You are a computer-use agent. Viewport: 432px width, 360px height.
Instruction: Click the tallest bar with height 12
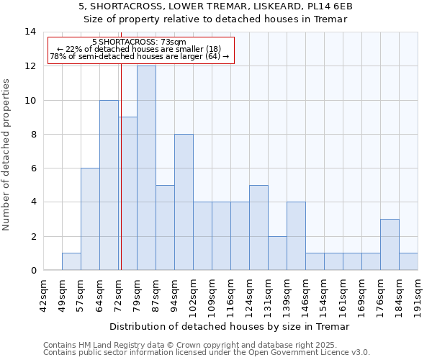(x=146, y=168)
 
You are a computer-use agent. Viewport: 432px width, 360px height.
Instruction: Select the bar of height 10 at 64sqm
(x=109, y=185)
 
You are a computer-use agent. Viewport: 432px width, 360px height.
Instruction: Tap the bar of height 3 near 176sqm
(x=390, y=245)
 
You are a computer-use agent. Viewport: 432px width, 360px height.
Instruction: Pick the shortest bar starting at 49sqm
(x=71, y=262)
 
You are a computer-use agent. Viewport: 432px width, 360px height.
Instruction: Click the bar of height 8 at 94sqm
(x=184, y=202)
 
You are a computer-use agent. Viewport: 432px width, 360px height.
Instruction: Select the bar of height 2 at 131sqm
(x=277, y=253)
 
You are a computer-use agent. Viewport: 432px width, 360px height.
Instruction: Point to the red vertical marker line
(x=121, y=151)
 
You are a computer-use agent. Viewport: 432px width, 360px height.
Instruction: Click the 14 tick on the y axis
(x=30, y=32)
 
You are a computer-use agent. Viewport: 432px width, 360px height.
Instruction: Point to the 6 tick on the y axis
(x=33, y=168)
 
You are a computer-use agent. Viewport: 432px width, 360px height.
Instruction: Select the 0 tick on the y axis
(x=33, y=271)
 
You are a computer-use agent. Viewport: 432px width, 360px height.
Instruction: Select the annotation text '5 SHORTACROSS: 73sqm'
(x=139, y=42)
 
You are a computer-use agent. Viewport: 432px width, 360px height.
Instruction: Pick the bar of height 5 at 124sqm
(x=258, y=228)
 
